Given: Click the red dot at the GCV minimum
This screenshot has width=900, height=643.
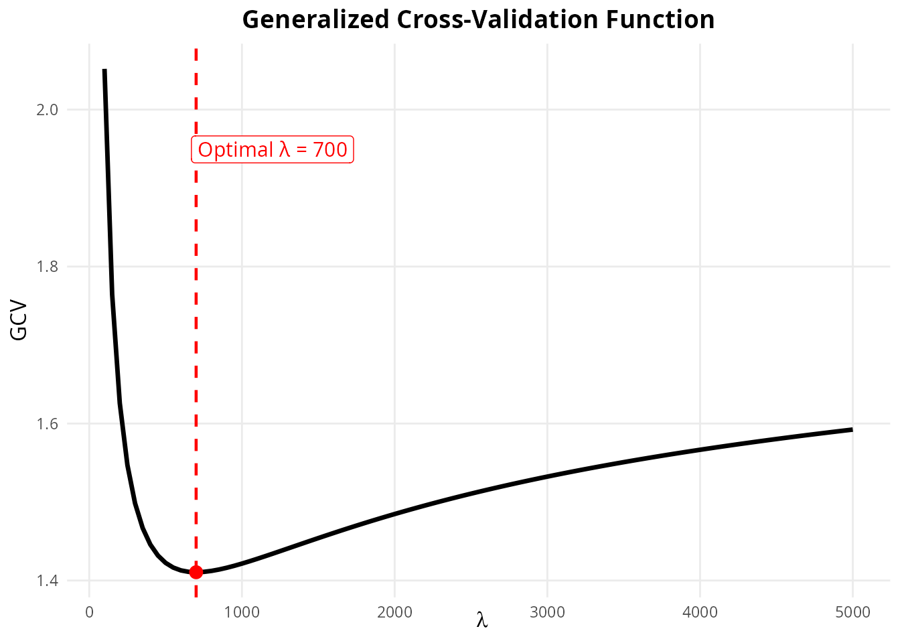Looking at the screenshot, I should point(196,572).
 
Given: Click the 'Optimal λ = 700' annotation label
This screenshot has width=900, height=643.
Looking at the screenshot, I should point(273,149).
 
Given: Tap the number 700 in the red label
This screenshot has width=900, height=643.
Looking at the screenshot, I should point(330,149).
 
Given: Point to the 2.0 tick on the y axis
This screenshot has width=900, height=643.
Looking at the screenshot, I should point(48,110).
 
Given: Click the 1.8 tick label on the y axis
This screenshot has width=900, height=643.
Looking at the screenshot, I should point(48,267).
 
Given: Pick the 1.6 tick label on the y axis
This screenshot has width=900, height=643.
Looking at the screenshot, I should point(48,424).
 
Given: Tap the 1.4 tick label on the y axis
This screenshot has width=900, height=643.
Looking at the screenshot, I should point(48,581).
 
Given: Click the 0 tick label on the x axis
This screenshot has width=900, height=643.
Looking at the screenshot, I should point(89,612).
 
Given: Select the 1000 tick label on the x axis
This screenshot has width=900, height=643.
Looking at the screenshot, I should point(242,612).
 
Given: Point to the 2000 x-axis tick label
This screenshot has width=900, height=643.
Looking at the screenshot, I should point(394,612).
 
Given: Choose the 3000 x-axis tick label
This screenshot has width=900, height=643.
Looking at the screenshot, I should point(547,612).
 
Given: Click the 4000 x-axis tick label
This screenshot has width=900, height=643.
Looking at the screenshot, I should point(700,612).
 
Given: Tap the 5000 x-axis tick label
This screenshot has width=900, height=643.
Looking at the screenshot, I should point(852,612).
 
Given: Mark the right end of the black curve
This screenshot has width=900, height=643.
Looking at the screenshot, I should point(852,429).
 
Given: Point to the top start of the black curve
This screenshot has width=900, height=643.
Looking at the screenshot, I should point(104,70).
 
